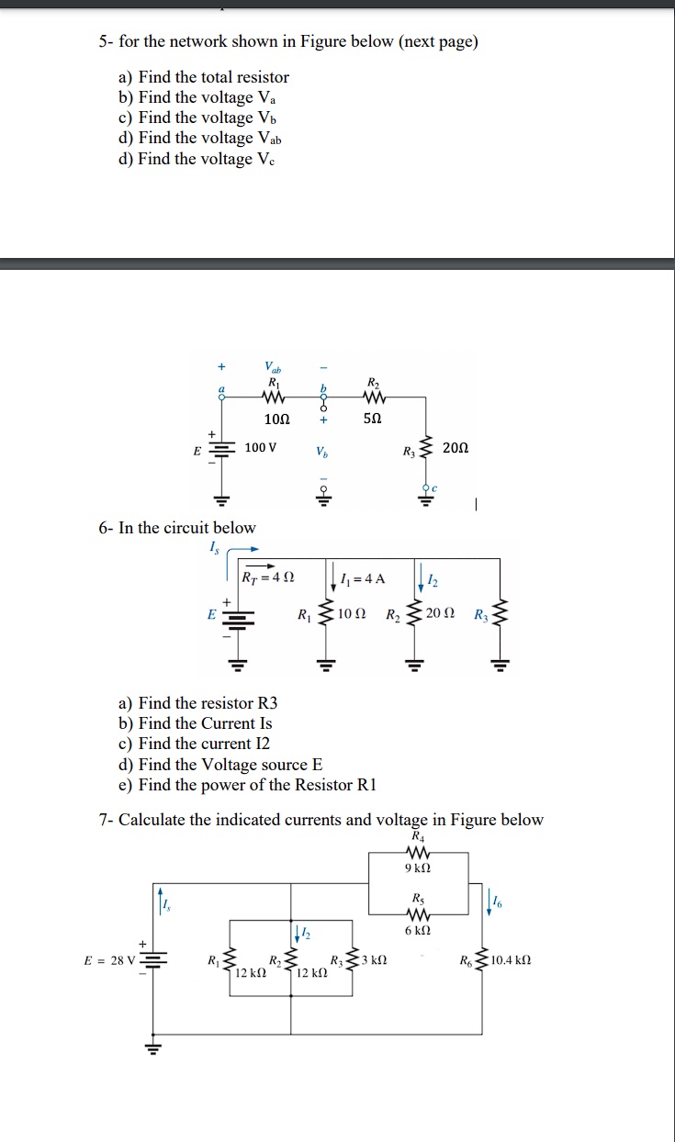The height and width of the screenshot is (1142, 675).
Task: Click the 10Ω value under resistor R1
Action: pyautogui.click(x=276, y=419)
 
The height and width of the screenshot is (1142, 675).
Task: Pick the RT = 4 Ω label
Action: pyautogui.click(x=268, y=578)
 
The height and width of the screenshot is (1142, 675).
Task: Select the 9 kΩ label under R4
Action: pyautogui.click(x=418, y=867)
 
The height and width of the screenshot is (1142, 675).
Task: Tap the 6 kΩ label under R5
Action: pyautogui.click(x=418, y=929)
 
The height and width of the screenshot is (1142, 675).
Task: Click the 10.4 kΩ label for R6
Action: pyautogui.click(x=511, y=961)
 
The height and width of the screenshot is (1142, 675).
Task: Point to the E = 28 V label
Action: pyautogui.click(x=109, y=961)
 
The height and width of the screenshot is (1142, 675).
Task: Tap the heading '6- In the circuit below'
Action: pyautogui.click(x=177, y=527)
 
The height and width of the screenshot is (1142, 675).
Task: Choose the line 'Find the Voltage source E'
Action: pyautogui.click(x=220, y=764)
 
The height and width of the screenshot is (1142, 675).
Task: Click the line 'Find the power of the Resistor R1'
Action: pyautogui.click(x=247, y=784)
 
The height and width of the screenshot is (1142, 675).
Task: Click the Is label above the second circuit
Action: pyautogui.click(x=217, y=548)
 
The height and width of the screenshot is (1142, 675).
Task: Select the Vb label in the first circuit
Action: pyautogui.click(x=320, y=453)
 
